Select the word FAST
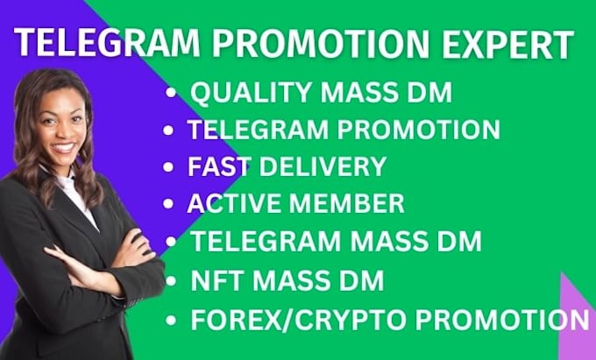(x=217, y=166)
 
